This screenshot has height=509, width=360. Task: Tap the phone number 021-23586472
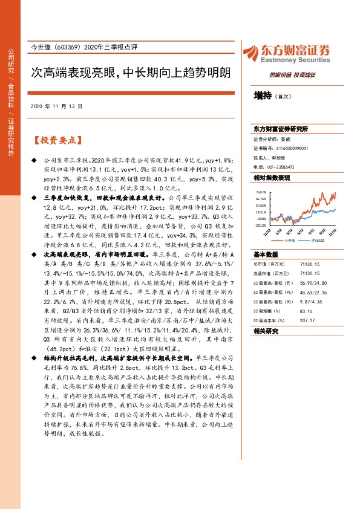click(282, 166)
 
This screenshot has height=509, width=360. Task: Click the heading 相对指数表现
click(272, 178)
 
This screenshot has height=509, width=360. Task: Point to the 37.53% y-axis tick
click(261, 206)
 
